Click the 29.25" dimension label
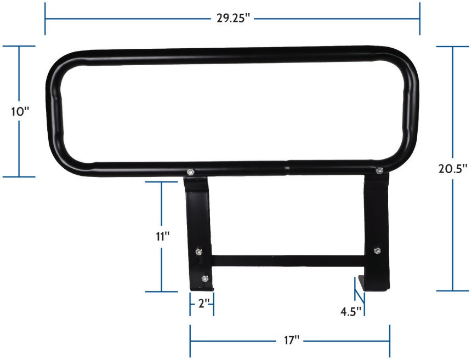(233, 18)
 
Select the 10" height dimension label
(20, 111)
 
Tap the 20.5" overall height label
(453, 169)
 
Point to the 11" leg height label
(162, 236)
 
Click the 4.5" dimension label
(351, 312)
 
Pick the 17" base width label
(290, 340)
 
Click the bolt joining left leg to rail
(190, 173)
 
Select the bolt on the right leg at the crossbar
(377, 250)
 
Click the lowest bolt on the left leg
(204, 279)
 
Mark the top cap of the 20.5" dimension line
(453, 47)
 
